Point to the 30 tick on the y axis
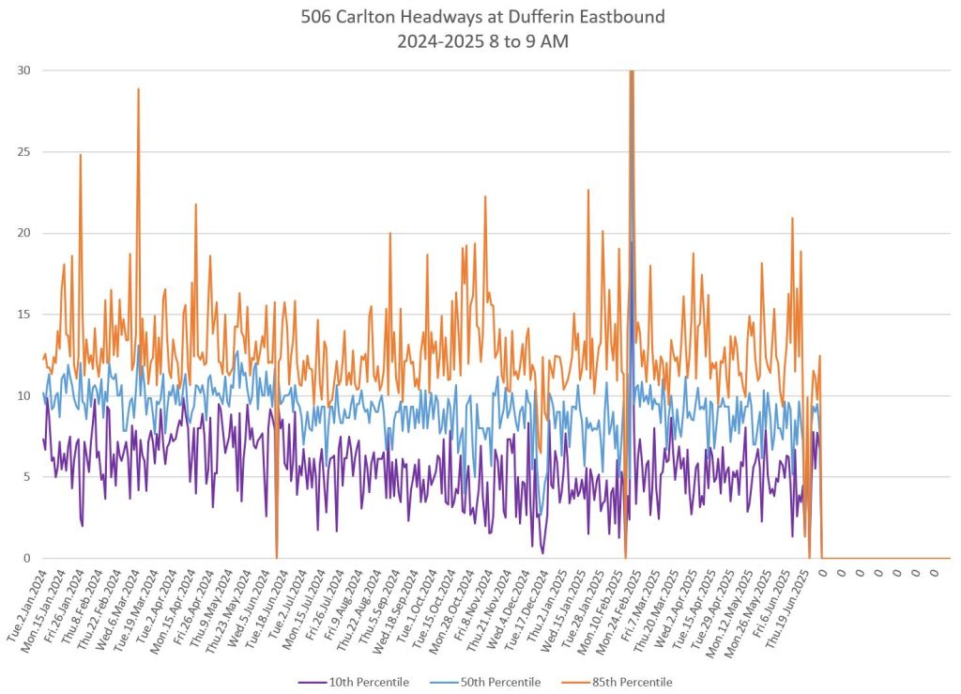pyautogui.click(x=23, y=70)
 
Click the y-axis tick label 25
pyautogui.click(x=23, y=152)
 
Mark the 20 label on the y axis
pyautogui.click(x=23, y=233)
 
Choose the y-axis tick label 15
pyautogui.click(x=23, y=315)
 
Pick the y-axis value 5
pyautogui.click(x=26, y=477)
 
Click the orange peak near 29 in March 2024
pyautogui.click(x=138, y=89)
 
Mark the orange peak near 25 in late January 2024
pyautogui.click(x=81, y=155)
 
